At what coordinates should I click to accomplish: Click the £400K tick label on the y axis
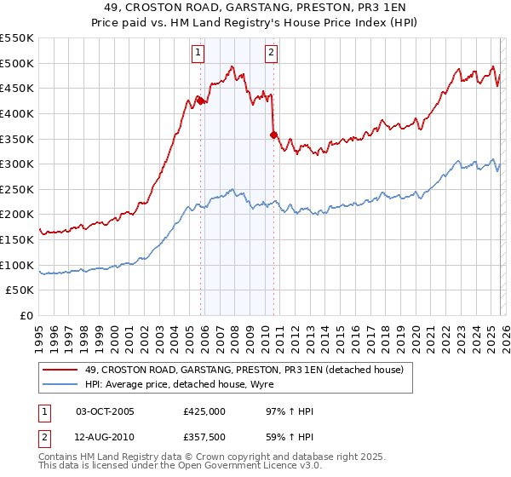click(17, 113)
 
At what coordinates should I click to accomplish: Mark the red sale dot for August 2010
click(273, 135)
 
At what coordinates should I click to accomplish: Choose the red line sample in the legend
click(60, 369)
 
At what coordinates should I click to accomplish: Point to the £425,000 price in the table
click(204, 411)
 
